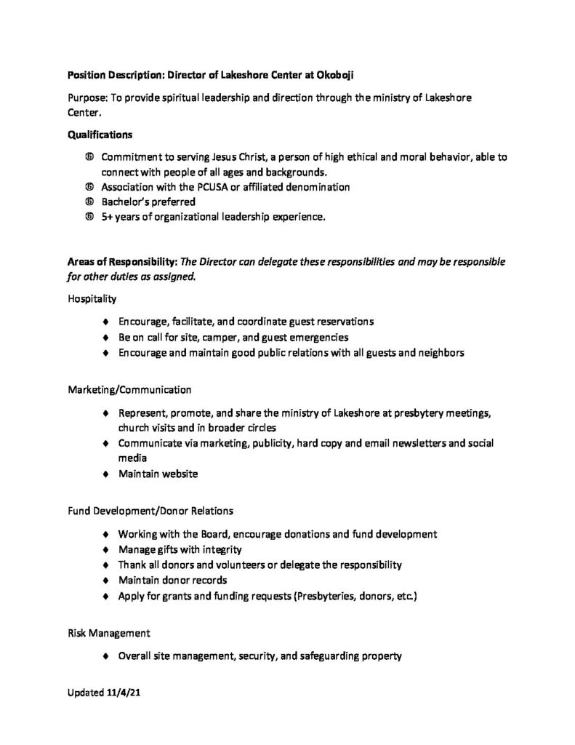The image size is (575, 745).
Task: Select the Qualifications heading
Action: [100, 135]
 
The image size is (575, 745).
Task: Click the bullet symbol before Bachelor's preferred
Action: [89, 202]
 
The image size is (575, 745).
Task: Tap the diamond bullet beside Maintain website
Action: [107, 474]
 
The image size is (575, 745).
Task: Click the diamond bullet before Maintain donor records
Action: [107, 580]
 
